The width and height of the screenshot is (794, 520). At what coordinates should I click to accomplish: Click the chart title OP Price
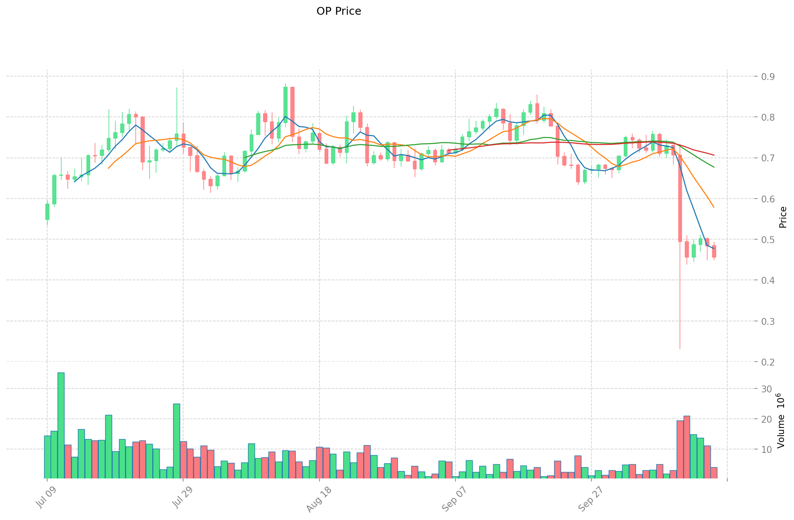tap(339, 11)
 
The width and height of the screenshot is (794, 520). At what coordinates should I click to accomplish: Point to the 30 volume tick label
tap(767, 389)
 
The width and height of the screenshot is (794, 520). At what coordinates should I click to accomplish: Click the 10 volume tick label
tap(767, 449)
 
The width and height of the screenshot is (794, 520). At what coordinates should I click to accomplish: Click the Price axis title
tap(783, 217)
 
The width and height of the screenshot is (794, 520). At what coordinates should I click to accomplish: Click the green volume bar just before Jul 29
tap(177, 441)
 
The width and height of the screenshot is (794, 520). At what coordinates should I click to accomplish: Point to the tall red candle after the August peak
tap(292, 112)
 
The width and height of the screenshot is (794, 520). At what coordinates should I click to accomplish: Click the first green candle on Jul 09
tap(47, 212)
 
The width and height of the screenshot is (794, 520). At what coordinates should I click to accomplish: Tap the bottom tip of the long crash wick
tap(680, 348)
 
